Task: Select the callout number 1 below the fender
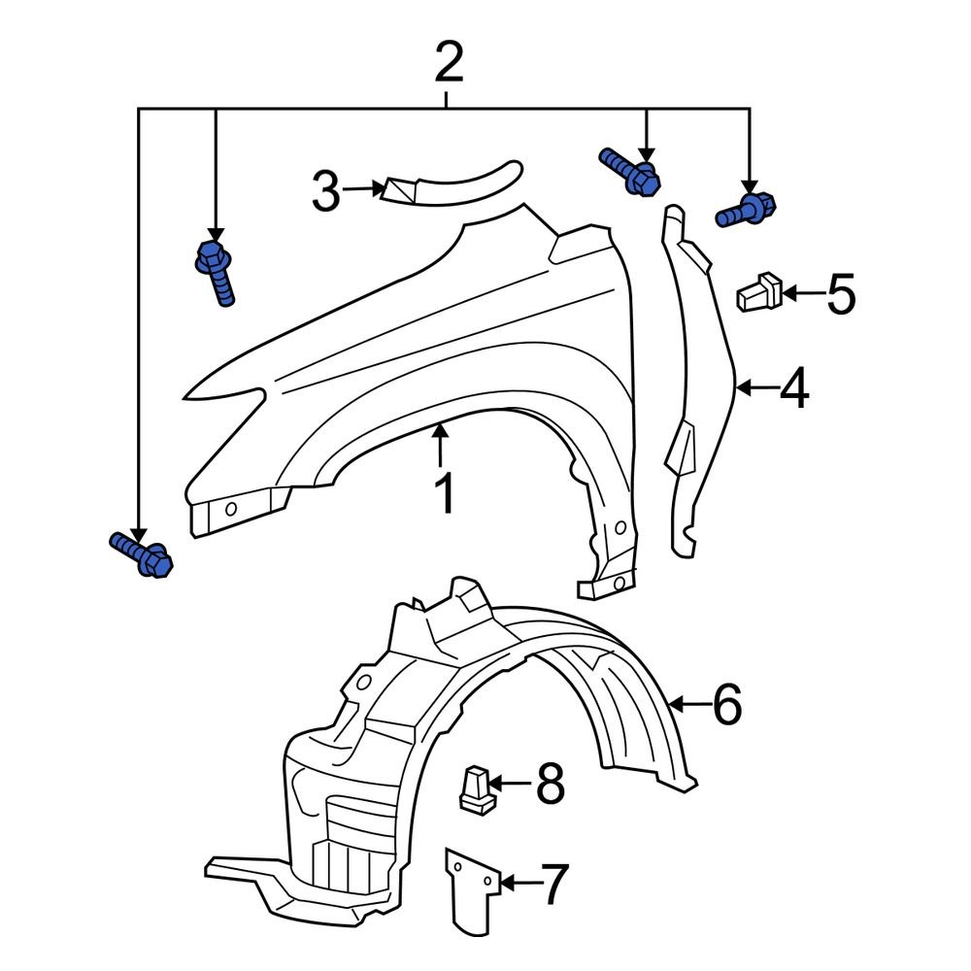coord(444,494)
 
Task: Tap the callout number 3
coord(326,191)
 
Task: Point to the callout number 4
coord(793,389)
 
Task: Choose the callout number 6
coord(727,704)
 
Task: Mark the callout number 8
coord(550,784)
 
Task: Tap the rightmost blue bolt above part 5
coord(748,210)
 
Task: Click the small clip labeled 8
coord(475,787)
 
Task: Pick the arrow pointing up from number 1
coord(441,447)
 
